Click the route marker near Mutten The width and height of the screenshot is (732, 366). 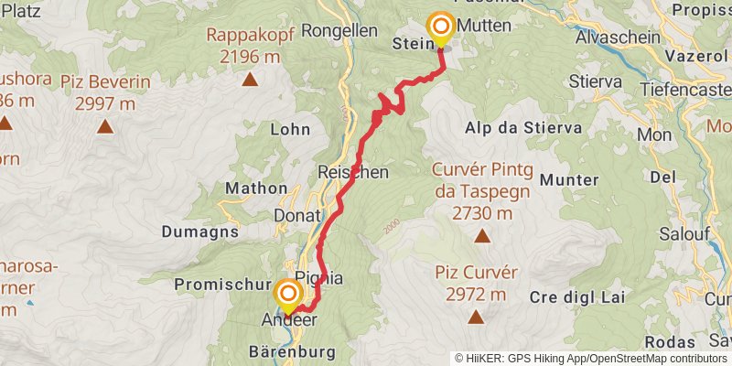(x=441, y=27)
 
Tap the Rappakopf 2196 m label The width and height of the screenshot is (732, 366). (x=242, y=46)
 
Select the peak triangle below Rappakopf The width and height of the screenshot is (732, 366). (x=249, y=79)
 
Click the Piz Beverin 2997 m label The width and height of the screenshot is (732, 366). (x=105, y=91)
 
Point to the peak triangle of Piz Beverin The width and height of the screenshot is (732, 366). (x=106, y=127)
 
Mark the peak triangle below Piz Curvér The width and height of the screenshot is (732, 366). (x=476, y=318)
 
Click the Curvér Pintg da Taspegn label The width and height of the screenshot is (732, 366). (x=481, y=192)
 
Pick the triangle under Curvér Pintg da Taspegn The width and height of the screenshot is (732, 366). (x=481, y=236)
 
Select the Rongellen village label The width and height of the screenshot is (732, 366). (x=339, y=29)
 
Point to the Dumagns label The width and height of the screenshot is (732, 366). (x=200, y=231)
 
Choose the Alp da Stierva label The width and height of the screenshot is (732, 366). (x=523, y=127)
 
